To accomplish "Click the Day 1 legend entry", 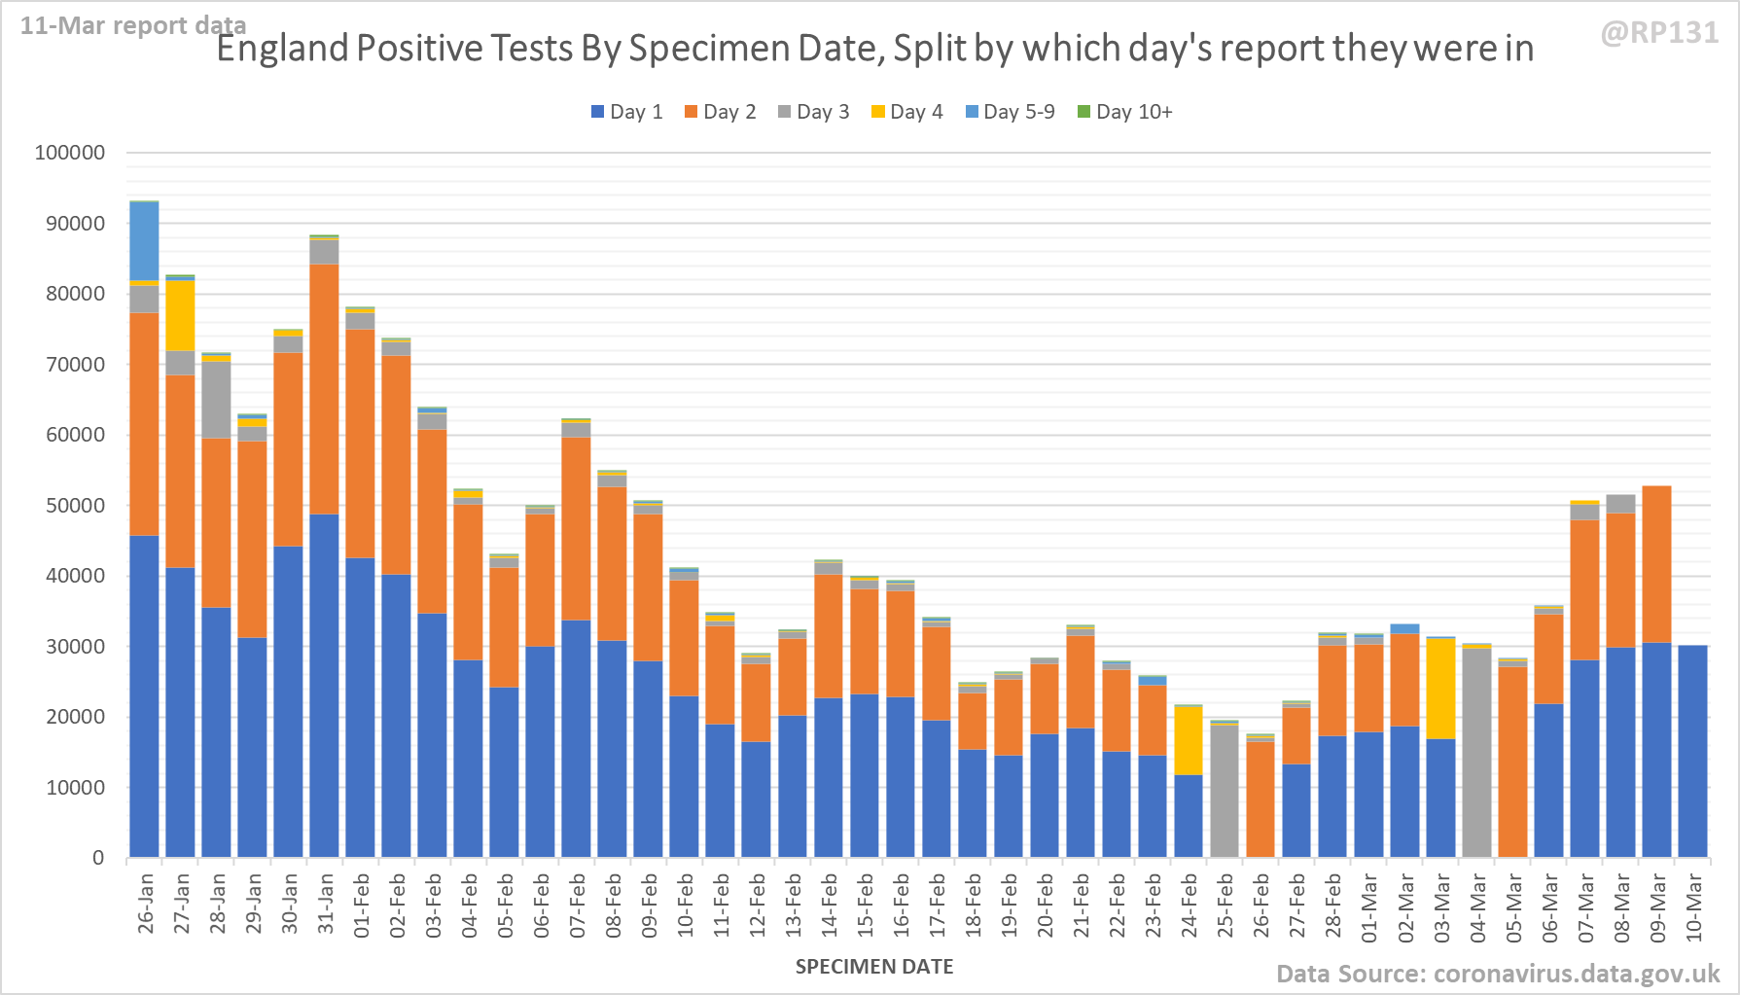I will (626, 112).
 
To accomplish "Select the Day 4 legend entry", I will (906, 112).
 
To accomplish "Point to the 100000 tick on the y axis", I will (70, 153).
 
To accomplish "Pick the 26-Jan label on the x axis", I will (146, 905).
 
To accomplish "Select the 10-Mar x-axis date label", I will (1693, 906).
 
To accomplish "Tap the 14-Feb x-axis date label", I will (830, 905).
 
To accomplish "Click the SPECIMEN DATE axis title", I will (873, 967).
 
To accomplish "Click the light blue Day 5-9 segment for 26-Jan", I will (145, 241).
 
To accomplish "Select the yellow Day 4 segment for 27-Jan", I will (181, 315).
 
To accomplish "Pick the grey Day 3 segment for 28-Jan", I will (217, 400).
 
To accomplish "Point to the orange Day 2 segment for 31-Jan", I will (324, 389).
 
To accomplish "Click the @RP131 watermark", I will (1659, 33).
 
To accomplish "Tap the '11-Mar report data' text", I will (133, 25).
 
